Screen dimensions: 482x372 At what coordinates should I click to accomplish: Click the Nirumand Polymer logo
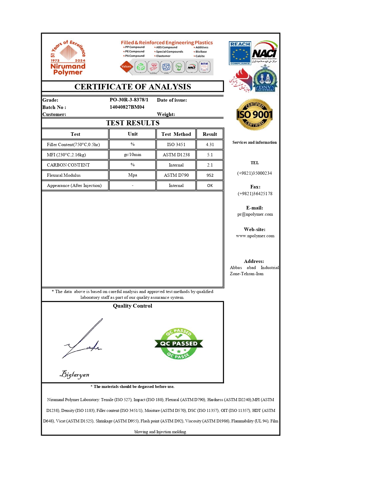(x=68, y=58)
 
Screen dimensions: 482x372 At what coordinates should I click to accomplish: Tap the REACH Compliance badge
(x=240, y=53)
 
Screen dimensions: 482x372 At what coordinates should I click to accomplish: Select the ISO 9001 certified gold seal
(x=254, y=115)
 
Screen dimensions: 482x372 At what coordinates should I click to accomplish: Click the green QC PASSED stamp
(x=179, y=344)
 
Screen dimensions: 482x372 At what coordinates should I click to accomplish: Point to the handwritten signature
(x=83, y=340)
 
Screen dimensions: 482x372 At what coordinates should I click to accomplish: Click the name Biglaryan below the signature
(x=75, y=374)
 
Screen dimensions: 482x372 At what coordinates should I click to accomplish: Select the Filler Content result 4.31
(x=210, y=145)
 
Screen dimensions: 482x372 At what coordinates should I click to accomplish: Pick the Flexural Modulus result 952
(x=210, y=175)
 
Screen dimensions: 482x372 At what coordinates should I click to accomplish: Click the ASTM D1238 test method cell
(x=176, y=155)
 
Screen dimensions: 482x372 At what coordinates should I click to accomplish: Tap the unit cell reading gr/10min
(x=132, y=155)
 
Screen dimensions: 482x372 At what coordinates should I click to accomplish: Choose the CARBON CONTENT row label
(x=68, y=165)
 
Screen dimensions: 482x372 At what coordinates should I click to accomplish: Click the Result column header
(x=210, y=134)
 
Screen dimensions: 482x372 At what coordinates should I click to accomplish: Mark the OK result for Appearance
(x=210, y=185)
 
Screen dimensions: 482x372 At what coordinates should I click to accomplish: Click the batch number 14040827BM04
(x=127, y=107)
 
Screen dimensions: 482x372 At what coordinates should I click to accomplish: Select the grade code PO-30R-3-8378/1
(x=129, y=100)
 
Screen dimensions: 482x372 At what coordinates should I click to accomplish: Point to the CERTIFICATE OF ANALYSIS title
(x=133, y=87)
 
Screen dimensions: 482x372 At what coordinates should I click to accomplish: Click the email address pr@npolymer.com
(x=255, y=214)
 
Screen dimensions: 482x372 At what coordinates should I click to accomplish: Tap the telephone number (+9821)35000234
(x=254, y=173)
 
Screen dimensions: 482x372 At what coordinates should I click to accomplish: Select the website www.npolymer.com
(x=255, y=236)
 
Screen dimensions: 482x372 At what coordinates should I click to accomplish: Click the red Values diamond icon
(x=126, y=67)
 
